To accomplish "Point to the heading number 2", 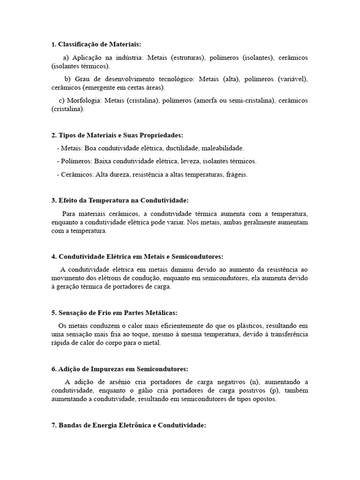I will [x=53, y=135].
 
